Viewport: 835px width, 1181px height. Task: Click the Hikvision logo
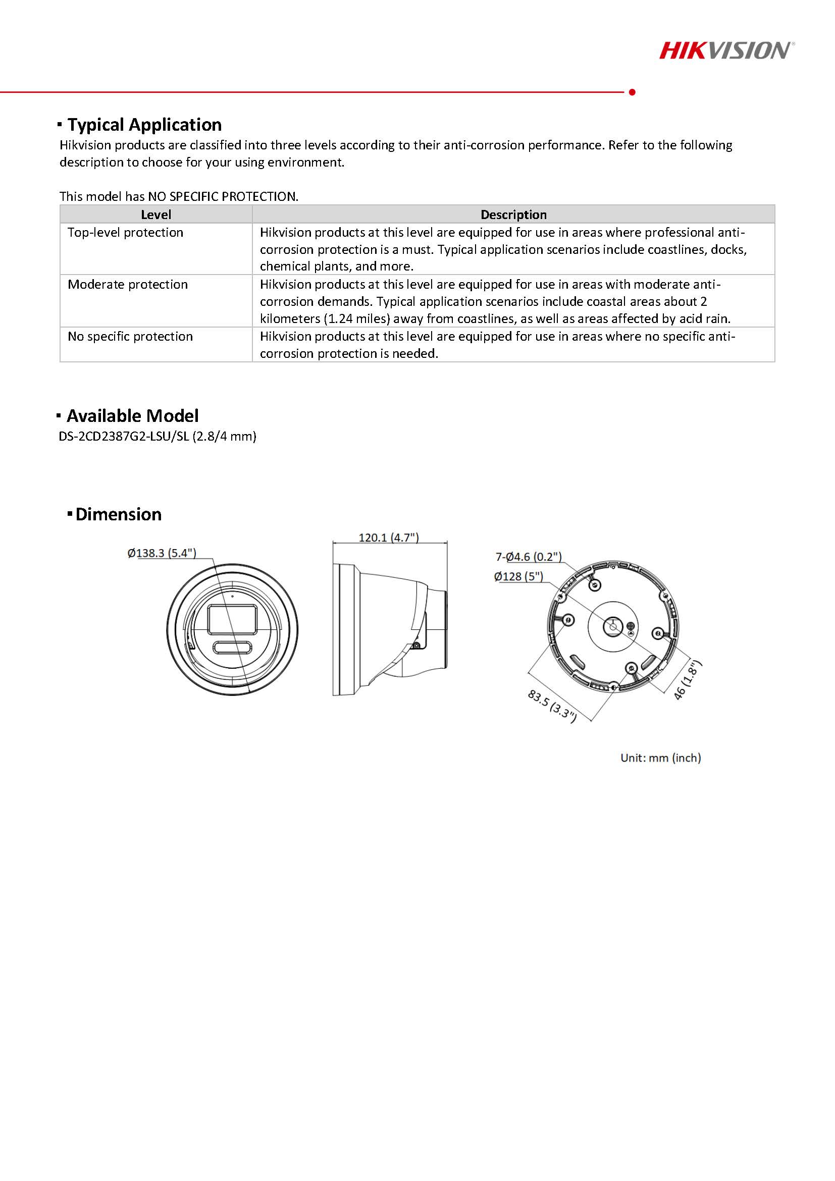[x=726, y=50]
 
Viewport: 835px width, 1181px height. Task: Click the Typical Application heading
[x=144, y=125]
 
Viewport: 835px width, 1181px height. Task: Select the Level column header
[x=156, y=214]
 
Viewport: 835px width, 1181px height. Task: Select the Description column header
[x=513, y=214]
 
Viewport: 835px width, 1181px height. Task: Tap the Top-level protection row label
[x=126, y=233]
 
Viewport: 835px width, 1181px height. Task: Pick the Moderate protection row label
[x=128, y=285]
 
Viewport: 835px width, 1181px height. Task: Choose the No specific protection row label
[x=130, y=337]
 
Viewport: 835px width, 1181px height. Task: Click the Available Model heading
[x=132, y=415]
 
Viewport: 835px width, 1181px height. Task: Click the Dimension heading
[x=118, y=514]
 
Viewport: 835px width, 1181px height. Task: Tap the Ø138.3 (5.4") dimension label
[x=162, y=553]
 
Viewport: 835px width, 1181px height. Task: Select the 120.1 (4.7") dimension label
[x=388, y=538]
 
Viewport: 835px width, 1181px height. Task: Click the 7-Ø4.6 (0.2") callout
[x=529, y=557]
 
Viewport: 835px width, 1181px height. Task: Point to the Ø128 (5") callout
[x=518, y=576]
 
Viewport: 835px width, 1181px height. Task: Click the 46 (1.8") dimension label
[x=688, y=680]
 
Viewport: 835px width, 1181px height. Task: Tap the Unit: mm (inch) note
[x=661, y=758]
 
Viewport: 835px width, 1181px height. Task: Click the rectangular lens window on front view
[x=232, y=619]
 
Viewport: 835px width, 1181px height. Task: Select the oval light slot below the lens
[x=232, y=648]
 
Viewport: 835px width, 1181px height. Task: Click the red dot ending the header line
[x=632, y=92]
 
